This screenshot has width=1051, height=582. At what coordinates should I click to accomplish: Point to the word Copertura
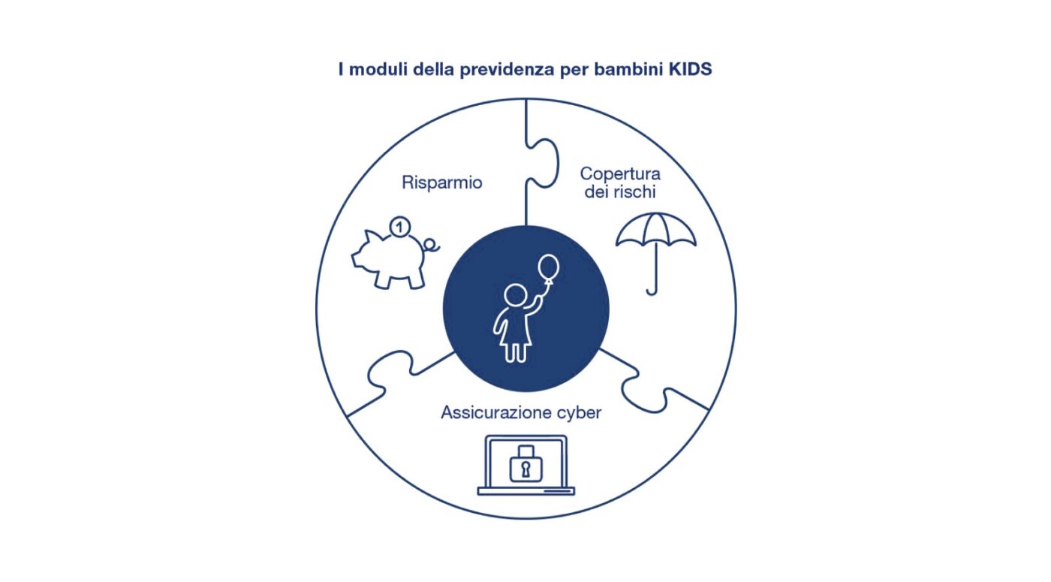point(620,174)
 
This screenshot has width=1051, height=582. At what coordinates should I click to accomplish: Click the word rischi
point(635,191)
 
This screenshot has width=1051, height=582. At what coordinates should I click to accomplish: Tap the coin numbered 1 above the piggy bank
point(399,228)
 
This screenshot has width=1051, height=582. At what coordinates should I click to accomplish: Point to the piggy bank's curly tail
point(432,246)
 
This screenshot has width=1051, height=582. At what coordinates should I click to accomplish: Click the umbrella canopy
point(656,230)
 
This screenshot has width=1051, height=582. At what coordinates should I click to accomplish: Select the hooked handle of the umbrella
point(652,291)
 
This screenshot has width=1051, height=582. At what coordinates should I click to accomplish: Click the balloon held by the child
point(548,268)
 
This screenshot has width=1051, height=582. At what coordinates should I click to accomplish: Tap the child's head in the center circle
point(515,295)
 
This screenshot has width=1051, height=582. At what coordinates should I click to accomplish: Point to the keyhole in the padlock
point(526,469)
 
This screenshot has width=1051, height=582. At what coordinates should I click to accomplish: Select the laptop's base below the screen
point(526,491)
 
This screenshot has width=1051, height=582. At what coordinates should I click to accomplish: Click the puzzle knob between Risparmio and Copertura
point(545,164)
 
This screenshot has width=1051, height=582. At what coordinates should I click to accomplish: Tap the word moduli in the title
point(378,69)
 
